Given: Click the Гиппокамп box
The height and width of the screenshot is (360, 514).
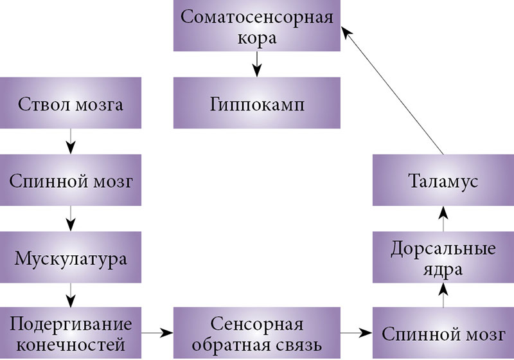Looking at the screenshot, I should point(257,103).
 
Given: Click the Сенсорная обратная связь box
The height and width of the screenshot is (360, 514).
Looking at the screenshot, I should point(257,334).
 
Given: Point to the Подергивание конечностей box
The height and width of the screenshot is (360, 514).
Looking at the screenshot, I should point(70,334).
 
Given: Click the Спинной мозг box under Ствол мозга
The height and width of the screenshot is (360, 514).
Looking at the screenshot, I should point(70,181).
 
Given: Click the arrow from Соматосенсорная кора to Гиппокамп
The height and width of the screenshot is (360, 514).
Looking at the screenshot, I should point(257,64).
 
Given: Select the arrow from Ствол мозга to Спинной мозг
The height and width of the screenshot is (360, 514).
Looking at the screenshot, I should point(70,141).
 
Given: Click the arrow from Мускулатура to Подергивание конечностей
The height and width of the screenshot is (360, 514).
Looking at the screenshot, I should point(70,296).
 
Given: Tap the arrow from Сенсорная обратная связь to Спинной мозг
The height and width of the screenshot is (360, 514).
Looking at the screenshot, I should point(357,333).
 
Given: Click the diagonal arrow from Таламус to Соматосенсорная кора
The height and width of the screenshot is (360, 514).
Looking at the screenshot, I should point(392,90).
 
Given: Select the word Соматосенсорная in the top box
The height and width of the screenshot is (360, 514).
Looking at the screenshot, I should point(257,17).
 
